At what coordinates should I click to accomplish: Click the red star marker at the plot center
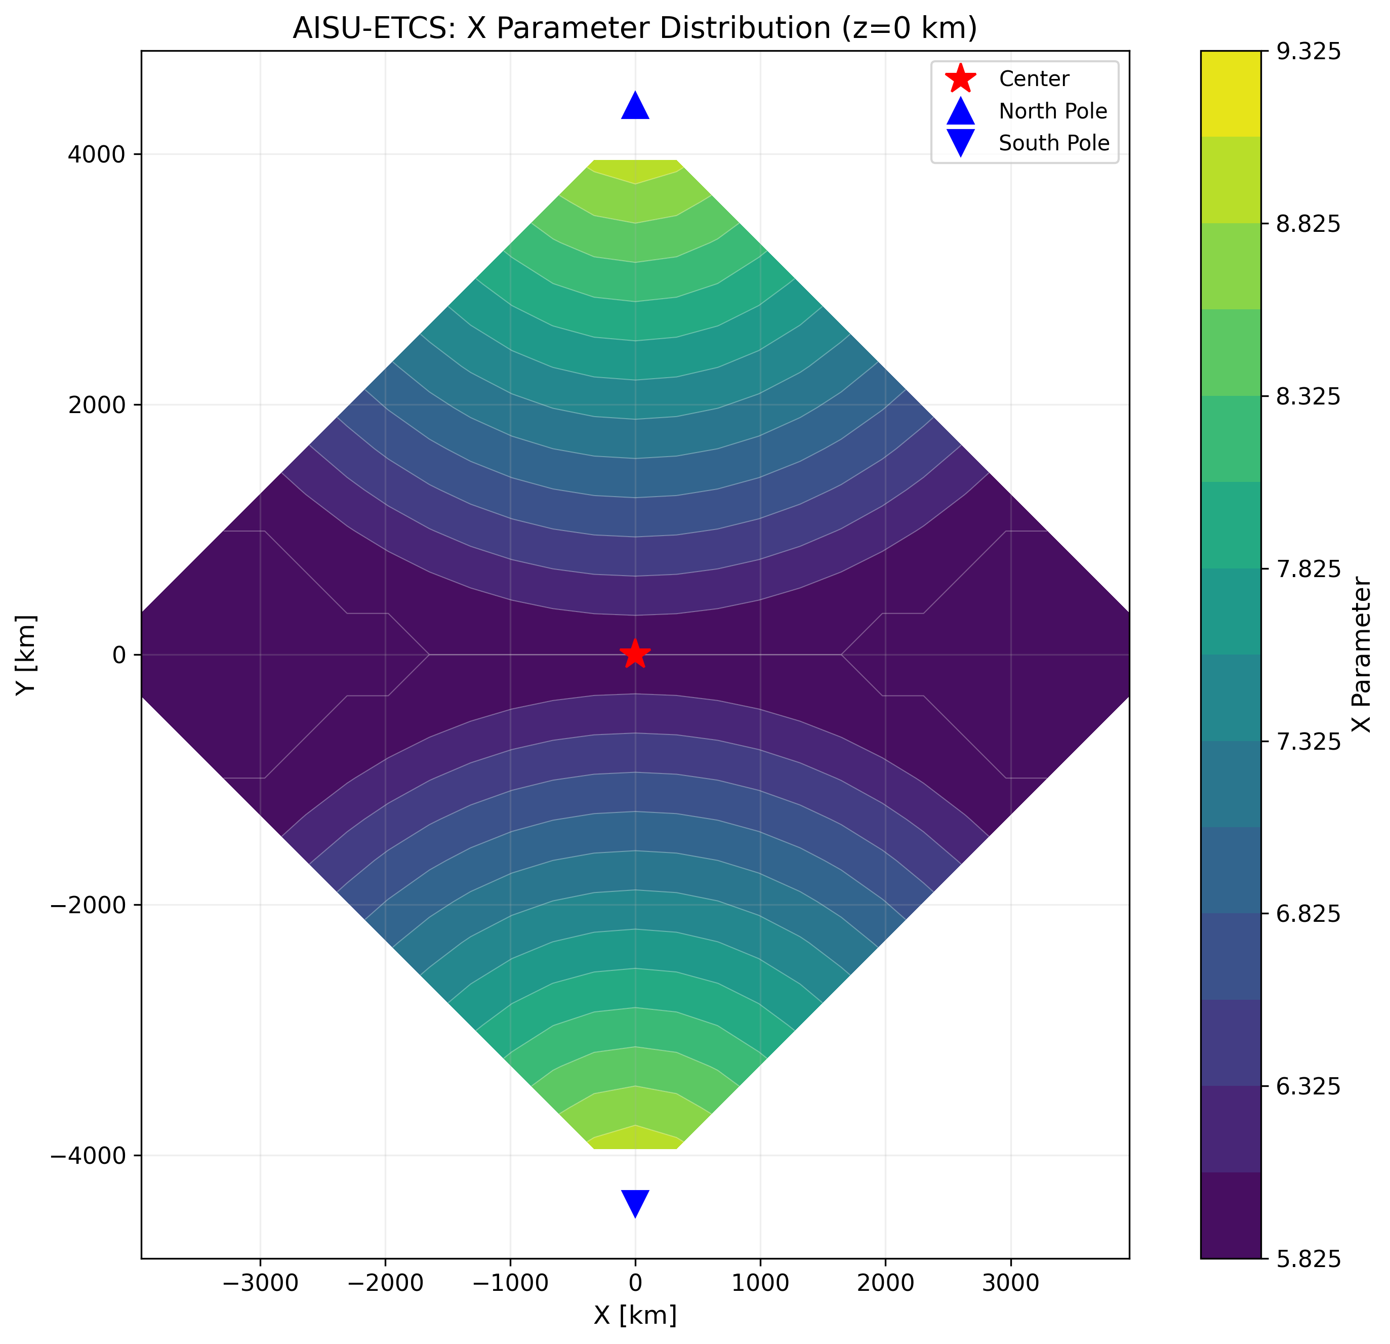(x=635, y=654)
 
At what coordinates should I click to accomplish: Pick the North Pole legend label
(x=1052, y=111)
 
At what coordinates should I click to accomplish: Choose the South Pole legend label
(x=1053, y=143)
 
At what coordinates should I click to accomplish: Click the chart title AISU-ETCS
(x=635, y=28)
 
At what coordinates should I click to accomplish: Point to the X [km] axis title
(x=635, y=1315)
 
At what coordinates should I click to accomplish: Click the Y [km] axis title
(x=27, y=654)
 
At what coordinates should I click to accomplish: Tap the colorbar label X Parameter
(x=1360, y=654)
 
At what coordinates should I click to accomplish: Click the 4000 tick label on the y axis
(x=99, y=154)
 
